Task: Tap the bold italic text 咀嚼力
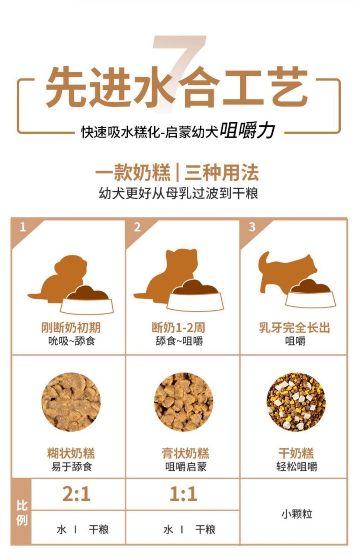point(247,131)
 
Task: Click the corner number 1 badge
point(23,227)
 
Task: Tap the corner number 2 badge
point(137,227)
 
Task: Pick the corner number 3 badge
point(252,227)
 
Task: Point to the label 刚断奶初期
point(71,328)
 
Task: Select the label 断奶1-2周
point(178,328)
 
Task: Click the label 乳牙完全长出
point(295,328)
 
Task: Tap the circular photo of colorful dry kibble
point(296,402)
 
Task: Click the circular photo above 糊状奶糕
point(71,402)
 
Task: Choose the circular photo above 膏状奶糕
point(183,402)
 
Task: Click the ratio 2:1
point(76,494)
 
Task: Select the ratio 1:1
point(183,494)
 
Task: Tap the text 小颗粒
point(296,514)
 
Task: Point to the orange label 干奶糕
point(296,453)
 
